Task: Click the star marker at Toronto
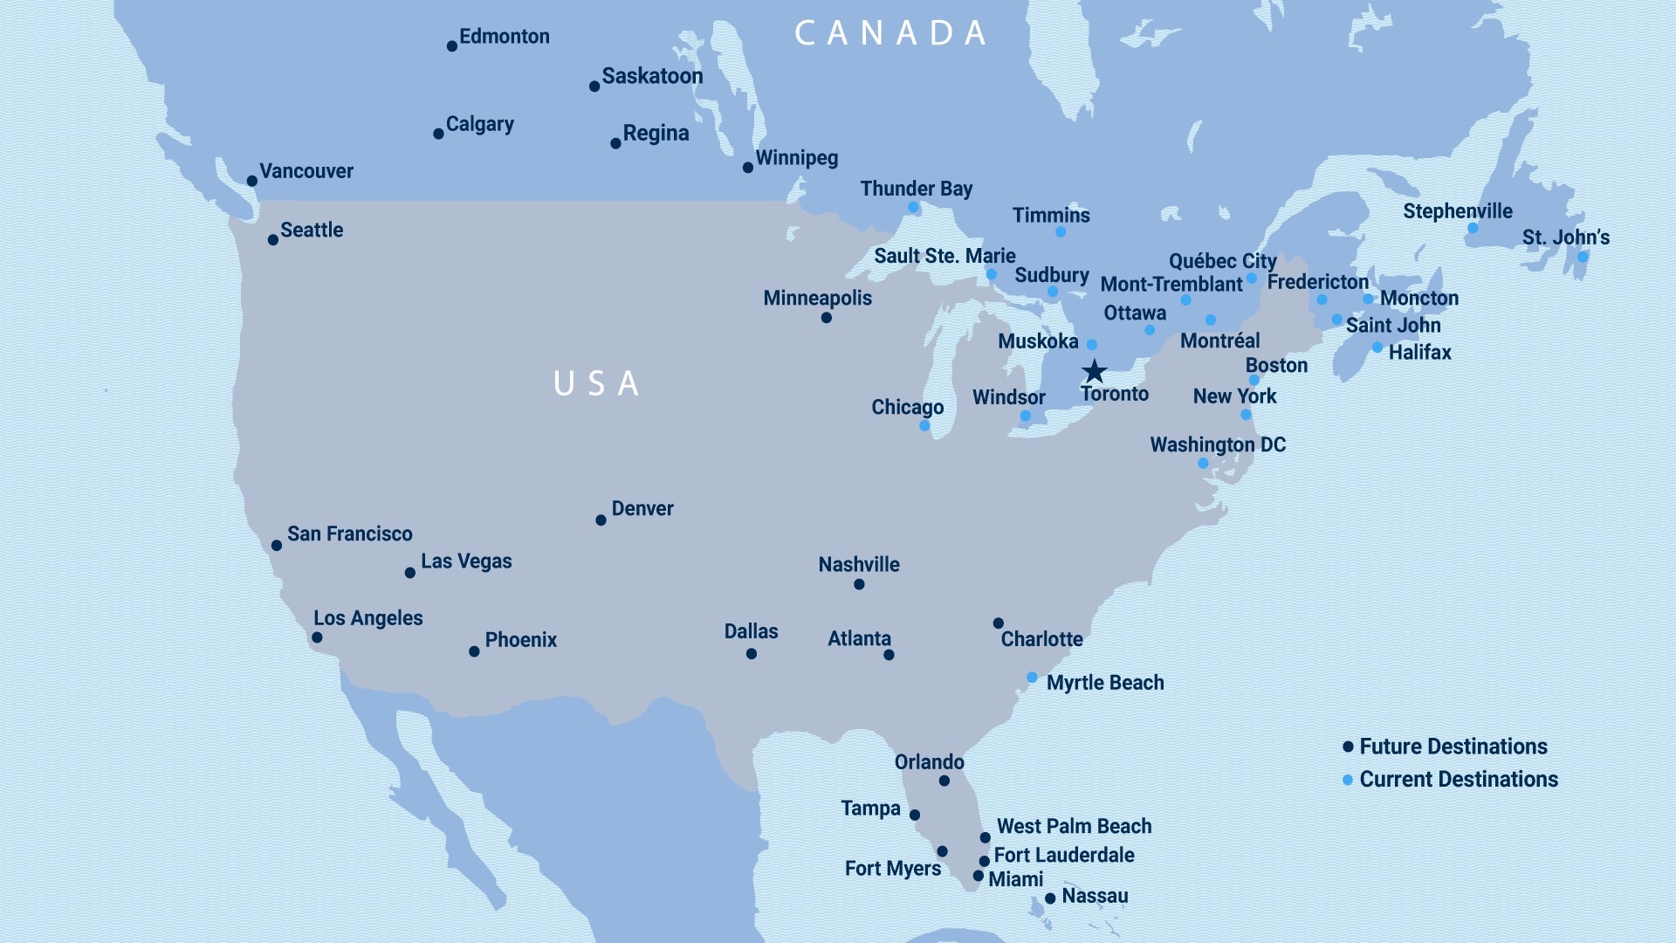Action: [1094, 371]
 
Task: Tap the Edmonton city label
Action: [504, 37]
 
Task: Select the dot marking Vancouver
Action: [251, 181]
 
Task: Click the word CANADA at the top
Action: [890, 33]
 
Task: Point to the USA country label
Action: [597, 383]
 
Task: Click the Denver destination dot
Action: [601, 520]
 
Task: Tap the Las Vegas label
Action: [466, 561]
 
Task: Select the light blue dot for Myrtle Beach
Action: [1032, 678]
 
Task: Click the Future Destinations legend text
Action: [1453, 747]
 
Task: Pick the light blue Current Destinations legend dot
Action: [1348, 780]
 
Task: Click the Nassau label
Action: [1095, 896]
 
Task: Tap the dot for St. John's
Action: [1583, 257]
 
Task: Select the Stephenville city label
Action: [1457, 211]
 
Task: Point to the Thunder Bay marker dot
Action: [913, 208]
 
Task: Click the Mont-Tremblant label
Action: [1171, 285]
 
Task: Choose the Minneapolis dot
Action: [826, 318]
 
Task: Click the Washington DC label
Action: [1217, 445]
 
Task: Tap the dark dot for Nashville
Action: [859, 584]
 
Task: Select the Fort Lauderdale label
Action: [1063, 856]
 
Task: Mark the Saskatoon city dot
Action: [594, 86]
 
